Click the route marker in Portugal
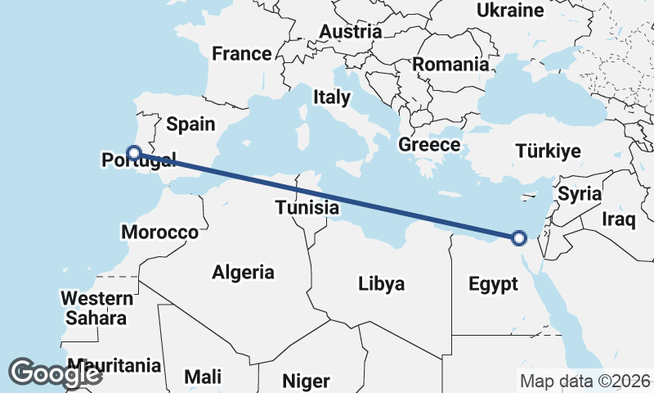134,151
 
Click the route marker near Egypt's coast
518,238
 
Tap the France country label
241,54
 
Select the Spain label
190,124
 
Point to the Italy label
331,97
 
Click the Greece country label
429,145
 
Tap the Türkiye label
548,151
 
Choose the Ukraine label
510,11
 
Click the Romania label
450,64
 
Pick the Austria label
351,32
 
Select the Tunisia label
307,207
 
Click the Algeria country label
243,273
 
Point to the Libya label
382,284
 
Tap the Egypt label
493,284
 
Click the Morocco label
159,233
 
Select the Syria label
580,194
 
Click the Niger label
306,381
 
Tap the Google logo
55,373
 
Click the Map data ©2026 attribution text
585,381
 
